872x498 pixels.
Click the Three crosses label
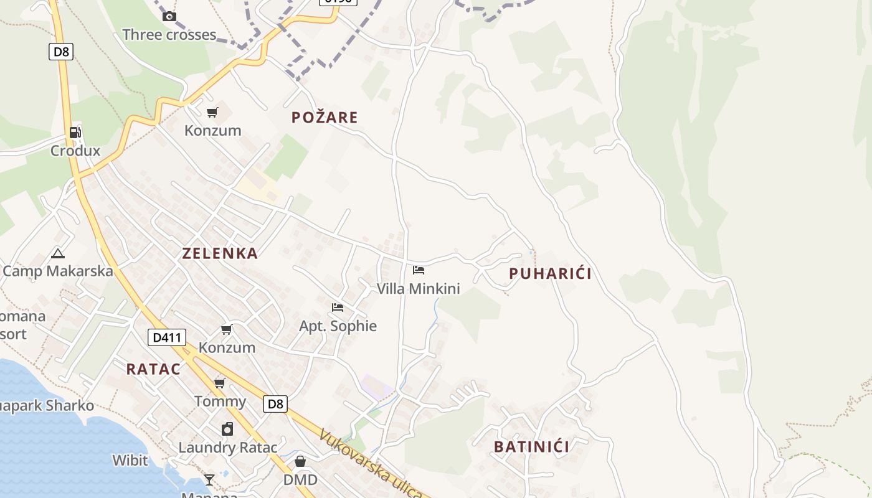tap(169, 35)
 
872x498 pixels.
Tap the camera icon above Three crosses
tap(169, 17)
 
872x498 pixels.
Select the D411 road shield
tap(167, 338)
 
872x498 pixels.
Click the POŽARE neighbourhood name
tap(325, 118)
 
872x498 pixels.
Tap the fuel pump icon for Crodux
tap(75, 132)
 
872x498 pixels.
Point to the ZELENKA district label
tap(220, 253)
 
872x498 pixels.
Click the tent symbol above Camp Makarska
tap(58, 253)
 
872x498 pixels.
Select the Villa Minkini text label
tap(418, 289)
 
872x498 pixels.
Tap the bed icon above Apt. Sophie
tap(338, 308)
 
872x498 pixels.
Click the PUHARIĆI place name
tap(550, 274)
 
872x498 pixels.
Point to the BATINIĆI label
tap(531, 447)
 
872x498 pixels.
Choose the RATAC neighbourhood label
tap(153, 369)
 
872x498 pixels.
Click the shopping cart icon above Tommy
tap(219, 383)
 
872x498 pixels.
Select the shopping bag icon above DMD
tap(300, 461)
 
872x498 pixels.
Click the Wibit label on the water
tap(130, 461)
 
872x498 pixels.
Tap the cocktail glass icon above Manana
tap(209, 479)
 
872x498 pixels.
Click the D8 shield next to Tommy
tap(275, 404)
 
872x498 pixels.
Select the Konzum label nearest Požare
tap(212, 131)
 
